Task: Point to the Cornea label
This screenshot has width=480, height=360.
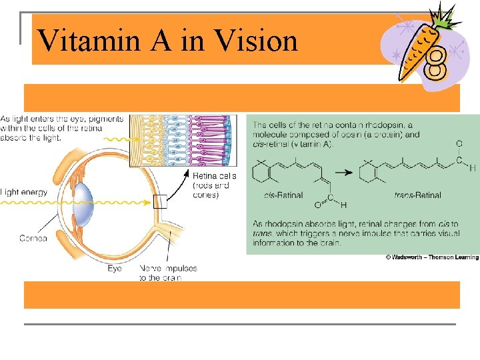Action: point(33,238)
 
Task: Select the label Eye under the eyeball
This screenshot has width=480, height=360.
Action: point(115,269)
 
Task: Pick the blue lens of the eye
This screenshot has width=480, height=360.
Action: point(83,200)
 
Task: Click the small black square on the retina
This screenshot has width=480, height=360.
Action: point(159,201)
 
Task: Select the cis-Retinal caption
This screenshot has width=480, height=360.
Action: point(283,196)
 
